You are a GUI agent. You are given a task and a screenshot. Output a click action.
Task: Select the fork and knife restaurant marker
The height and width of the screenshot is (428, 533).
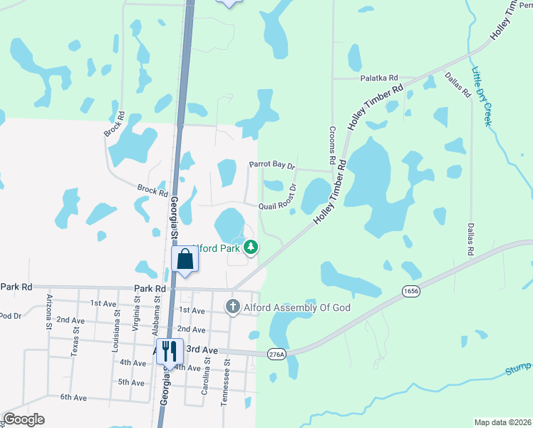pyautogui.click(x=169, y=350)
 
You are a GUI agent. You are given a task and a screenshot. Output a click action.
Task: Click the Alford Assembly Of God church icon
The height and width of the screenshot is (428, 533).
pyautogui.click(x=232, y=308)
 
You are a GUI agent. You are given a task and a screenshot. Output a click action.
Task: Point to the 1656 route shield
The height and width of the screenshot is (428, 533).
pyautogui.click(x=410, y=291)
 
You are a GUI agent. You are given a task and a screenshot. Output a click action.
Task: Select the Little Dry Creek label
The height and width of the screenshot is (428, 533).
pyautogui.click(x=482, y=96)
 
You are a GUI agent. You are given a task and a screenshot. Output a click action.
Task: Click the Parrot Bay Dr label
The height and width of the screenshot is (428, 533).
pyautogui.click(x=271, y=165)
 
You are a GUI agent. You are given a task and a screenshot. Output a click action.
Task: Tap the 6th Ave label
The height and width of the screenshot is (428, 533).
pyautogui.click(x=73, y=397)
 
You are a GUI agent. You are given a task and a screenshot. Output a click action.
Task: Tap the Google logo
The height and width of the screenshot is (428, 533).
pyautogui.click(x=24, y=419)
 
